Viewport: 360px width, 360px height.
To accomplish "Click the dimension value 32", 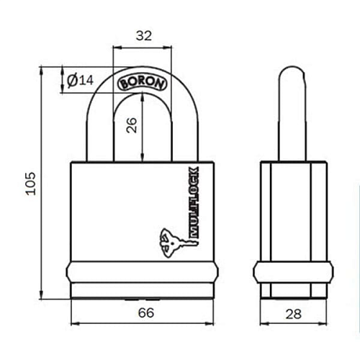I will click(143, 35).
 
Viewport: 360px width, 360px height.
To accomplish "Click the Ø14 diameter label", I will click(80, 81).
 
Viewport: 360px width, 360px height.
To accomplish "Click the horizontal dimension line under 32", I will click(143, 47).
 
